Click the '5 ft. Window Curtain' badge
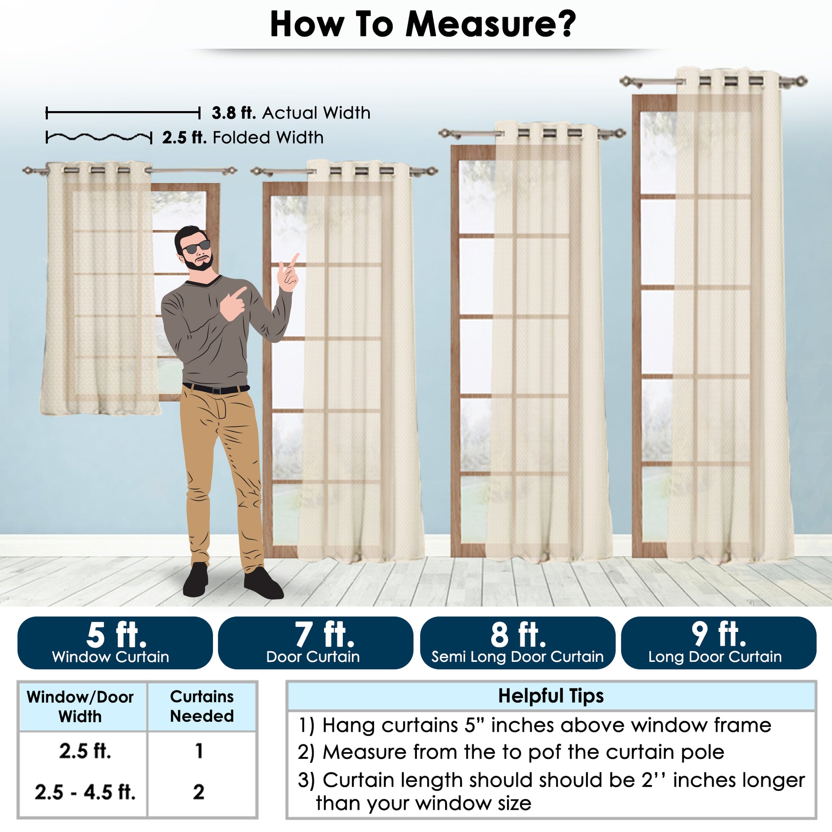click(x=115, y=643)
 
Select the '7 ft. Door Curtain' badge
click(x=316, y=643)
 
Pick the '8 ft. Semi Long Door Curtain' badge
click(x=517, y=643)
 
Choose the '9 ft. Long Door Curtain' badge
click(x=718, y=643)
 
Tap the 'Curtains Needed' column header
click(x=201, y=706)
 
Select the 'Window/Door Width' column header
click(x=80, y=707)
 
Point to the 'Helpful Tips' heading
click(x=551, y=696)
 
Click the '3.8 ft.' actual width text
click(x=234, y=113)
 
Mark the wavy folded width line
click(x=99, y=137)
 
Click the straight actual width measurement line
click(x=123, y=113)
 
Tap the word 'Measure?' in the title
click(x=490, y=24)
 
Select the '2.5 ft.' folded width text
click(x=184, y=138)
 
